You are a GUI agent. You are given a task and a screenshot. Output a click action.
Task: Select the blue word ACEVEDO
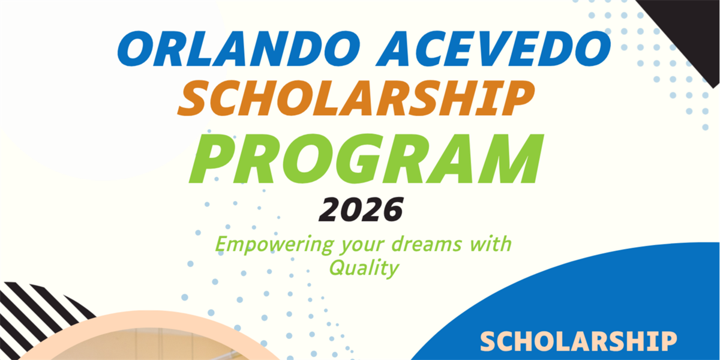[x=493, y=49]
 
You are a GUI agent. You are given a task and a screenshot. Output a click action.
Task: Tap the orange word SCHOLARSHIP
[x=356, y=98]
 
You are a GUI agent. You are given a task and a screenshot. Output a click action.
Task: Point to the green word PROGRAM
[x=366, y=158]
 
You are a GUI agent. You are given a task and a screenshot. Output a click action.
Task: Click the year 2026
[x=361, y=209]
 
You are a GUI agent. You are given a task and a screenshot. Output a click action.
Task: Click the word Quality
[x=364, y=268]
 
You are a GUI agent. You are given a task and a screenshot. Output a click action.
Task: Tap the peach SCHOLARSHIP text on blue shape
[x=578, y=341]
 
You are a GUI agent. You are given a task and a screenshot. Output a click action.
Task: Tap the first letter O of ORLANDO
[x=134, y=49]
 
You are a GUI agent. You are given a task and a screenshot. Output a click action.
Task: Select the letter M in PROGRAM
[x=512, y=158]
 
